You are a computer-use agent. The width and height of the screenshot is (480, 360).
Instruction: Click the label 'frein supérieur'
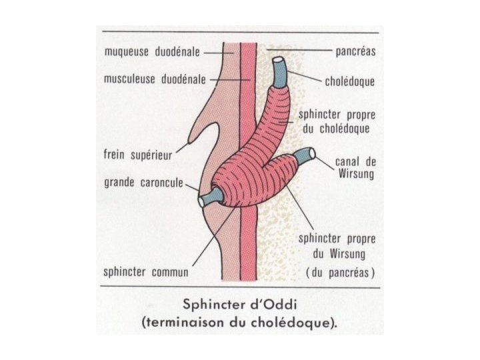tap(138, 155)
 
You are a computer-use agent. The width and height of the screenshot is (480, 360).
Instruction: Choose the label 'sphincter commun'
tap(146, 273)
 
